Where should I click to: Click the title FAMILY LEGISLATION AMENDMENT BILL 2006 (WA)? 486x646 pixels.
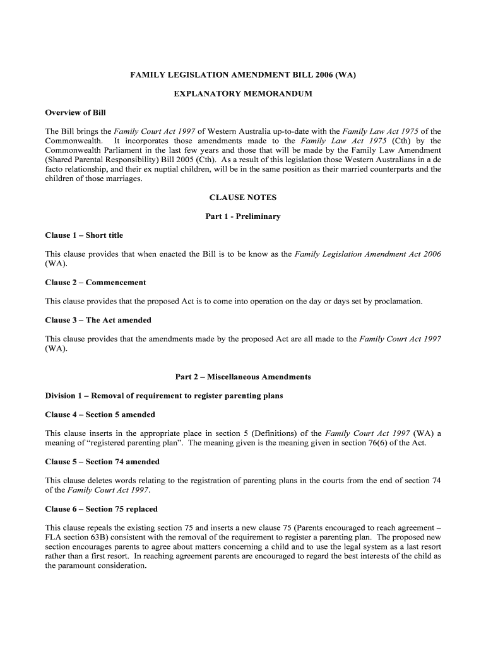pyautogui.click(x=243, y=75)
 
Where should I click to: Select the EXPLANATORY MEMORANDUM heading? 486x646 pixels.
pyautogui.click(x=243, y=94)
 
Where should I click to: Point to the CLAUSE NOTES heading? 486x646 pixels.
pyautogui.click(x=243, y=197)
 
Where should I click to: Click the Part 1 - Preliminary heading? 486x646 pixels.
pyautogui.click(x=243, y=216)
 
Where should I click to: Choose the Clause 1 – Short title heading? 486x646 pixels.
pyautogui.click(x=84, y=235)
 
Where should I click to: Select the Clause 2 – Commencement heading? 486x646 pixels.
pyautogui.click(x=95, y=283)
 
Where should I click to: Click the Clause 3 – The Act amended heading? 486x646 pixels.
pyautogui.click(x=98, y=320)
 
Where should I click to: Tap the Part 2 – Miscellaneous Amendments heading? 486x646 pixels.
pyautogui.click(x=243, y=377)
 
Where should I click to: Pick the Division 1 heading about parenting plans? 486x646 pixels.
pyautogui.click(x=164, y=396)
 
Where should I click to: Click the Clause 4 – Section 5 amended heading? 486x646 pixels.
pyautogui.click(x=100, y=414)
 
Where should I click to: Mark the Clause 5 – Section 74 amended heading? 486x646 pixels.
pyautogui.click(x=102, y=462)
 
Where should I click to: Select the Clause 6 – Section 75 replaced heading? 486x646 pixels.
pyautogui.click(x=101, y=509)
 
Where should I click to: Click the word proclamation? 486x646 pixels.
pyautogui.click(x=398, y=302)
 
